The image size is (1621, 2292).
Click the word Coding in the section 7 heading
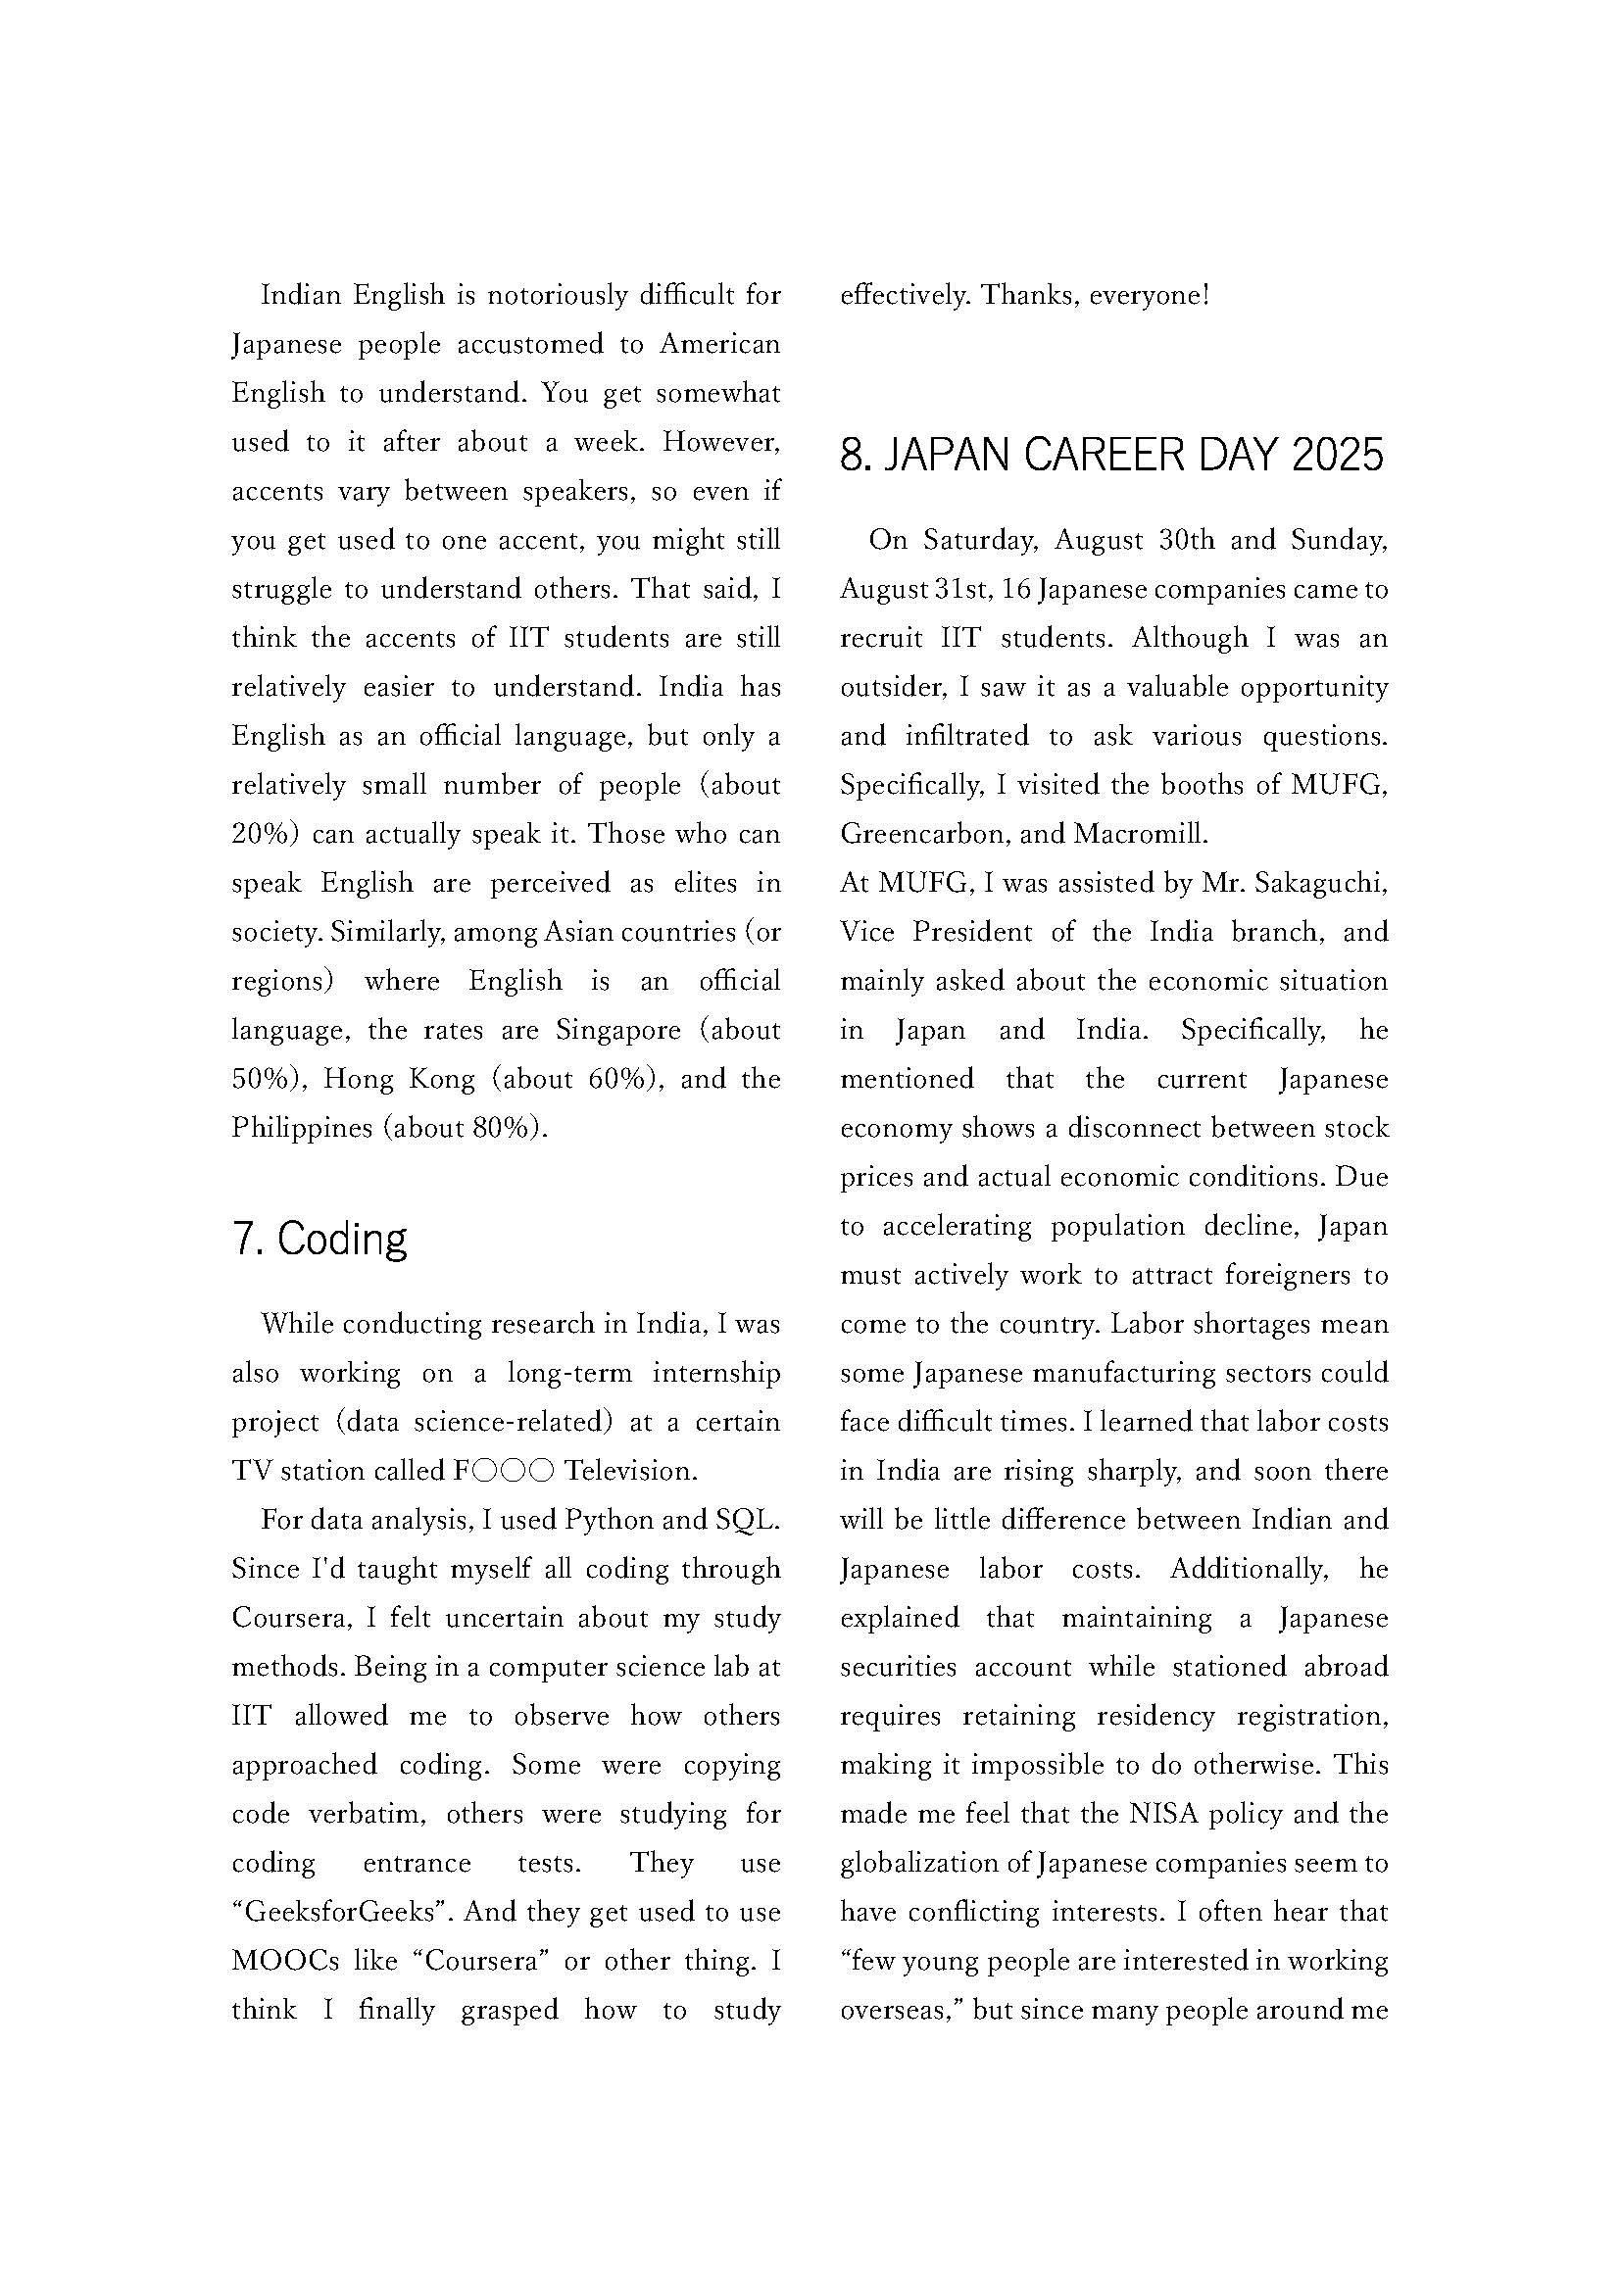[x=342, y=1241]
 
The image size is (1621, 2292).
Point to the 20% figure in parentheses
[x=266, y=835]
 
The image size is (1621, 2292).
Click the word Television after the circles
[x=629, y=1472]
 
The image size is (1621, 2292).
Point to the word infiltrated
[x=967, y=737]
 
